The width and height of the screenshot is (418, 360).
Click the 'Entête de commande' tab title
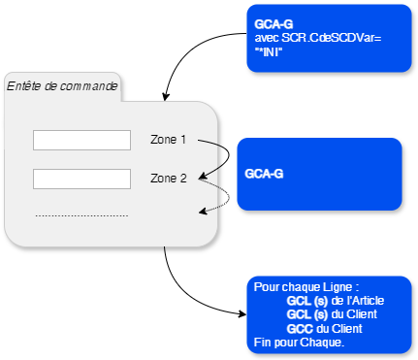[x=62, y=86]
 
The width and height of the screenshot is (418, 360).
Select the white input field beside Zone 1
[x=81, y=141]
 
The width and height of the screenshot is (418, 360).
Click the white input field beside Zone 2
[x=81, y=179]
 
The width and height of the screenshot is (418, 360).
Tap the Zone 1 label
[x=168, y=140]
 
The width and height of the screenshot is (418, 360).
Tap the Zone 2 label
[x=168, y=179]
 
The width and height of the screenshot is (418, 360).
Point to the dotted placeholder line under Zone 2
[x=81, y=214]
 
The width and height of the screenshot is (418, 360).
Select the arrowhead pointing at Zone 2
[x=203, y=180]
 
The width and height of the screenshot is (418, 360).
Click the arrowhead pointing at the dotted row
[x=203, y=210]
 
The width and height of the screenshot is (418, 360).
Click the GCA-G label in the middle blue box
[x=264, y=175]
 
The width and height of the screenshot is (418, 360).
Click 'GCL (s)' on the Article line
[x=306, y=301]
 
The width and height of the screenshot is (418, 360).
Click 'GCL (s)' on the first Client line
[x=306, y=314]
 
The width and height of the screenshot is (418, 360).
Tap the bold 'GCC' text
[x=300, y=328]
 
